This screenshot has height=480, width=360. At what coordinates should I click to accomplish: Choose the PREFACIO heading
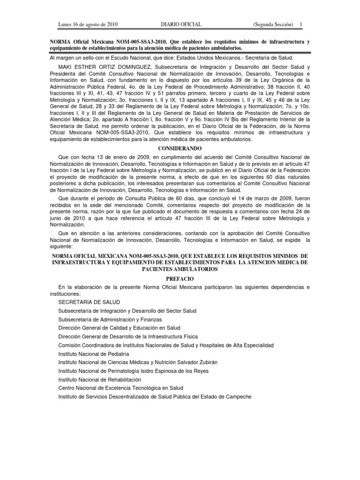(x=180, y=278)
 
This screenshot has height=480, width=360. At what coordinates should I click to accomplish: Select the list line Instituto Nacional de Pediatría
(x=94, y=354)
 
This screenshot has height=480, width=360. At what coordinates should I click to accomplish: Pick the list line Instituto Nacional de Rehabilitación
(x=99, y=379)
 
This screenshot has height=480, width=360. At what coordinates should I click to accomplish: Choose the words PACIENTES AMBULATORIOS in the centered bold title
(x=180, y=270)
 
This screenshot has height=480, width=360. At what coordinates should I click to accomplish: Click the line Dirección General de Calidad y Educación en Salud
(x=119, y=328)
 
